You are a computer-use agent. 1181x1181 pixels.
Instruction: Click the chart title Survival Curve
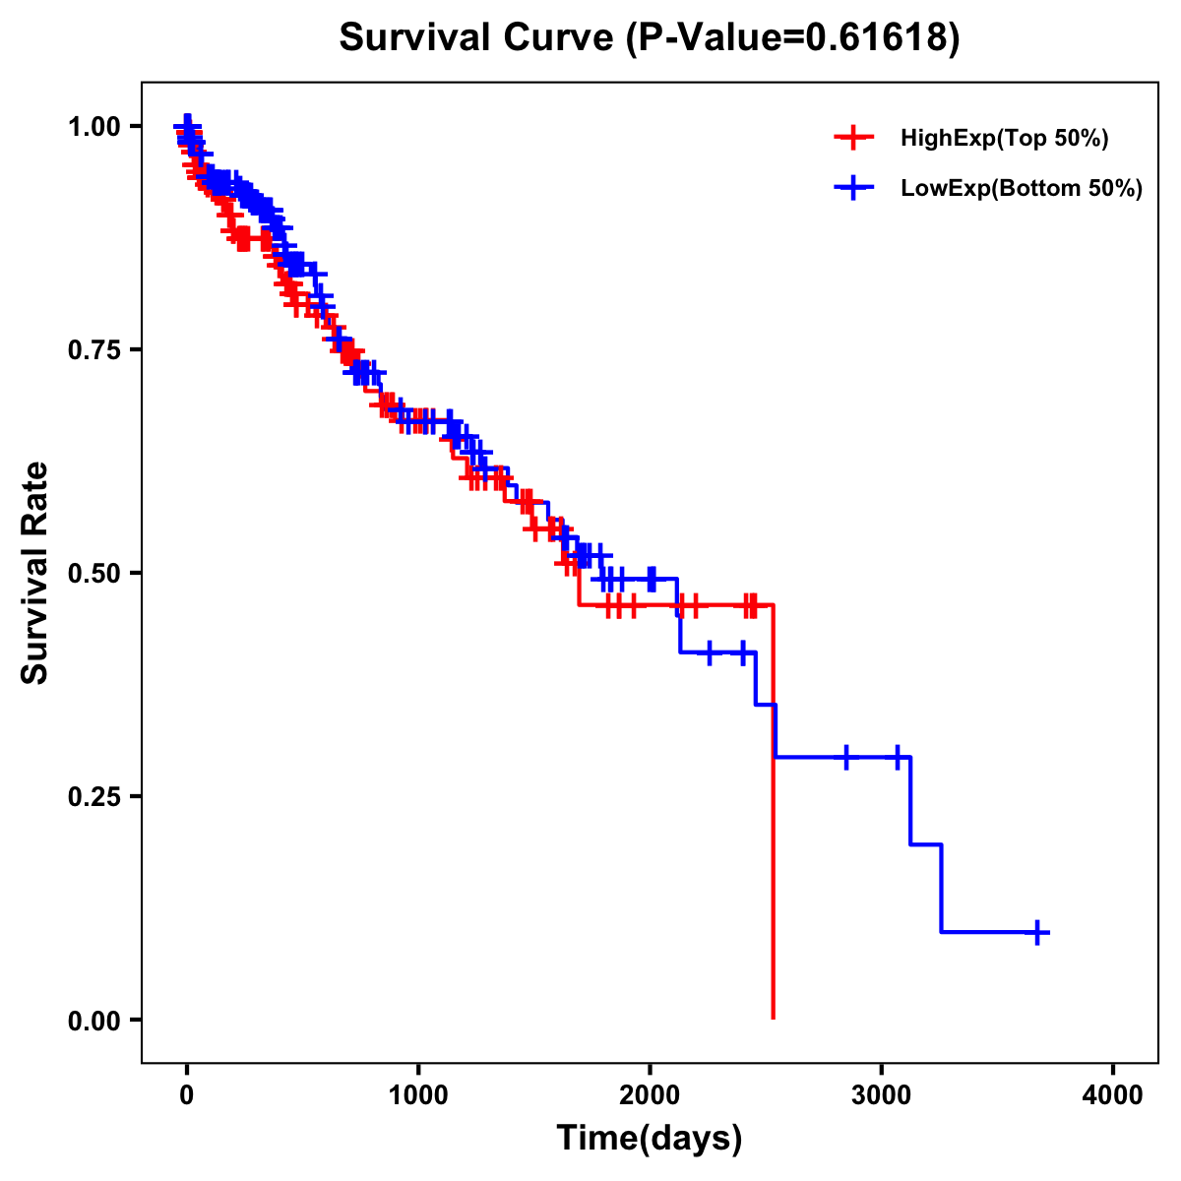[x=477, y=37]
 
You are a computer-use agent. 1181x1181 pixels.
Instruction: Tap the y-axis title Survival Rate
[x=35, y=572]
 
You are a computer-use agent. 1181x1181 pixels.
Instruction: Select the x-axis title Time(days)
[x=650, y=1139]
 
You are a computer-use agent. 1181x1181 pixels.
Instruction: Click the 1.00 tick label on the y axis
[x=93, y=126]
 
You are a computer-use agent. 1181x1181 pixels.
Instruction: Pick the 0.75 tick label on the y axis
[x=93, y=349]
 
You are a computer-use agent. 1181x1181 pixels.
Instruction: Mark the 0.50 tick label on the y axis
[x=93, y=573]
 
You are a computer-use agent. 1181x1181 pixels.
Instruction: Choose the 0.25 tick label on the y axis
[x=93, y=796]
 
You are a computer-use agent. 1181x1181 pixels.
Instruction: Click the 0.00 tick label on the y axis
[x=93, y=1020]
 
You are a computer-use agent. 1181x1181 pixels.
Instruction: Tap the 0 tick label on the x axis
[x=187, y=1095]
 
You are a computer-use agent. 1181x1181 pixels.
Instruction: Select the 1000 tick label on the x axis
[x=418, y=1095]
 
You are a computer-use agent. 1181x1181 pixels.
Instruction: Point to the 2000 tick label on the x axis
[x=650, y=1095]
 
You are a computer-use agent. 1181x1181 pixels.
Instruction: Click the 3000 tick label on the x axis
[x=882, y=1095]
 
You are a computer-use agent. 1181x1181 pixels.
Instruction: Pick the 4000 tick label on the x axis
[x=1113, y=1095]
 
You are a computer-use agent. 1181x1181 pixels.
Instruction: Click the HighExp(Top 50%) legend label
[x=1005, y=139]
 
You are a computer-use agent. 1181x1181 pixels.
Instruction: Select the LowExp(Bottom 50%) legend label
[x=1022, y=189]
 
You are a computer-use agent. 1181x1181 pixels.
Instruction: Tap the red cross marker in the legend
[x=853, y=139]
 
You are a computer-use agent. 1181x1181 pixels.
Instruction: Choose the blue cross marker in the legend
[x=853, y=188]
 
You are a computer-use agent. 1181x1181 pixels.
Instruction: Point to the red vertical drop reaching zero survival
[x=774, y=817]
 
